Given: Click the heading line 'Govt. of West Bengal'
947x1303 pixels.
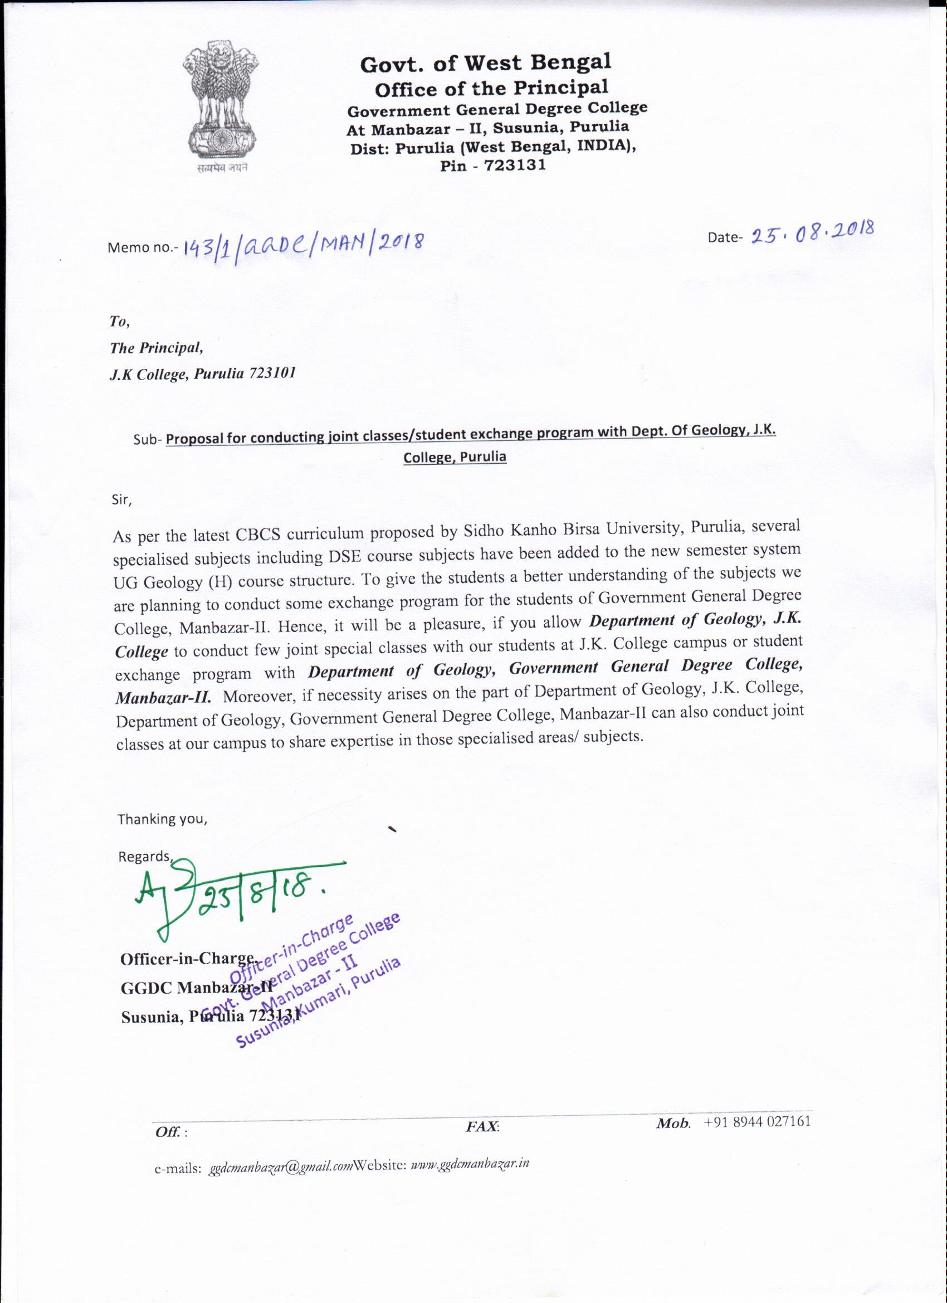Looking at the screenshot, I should [485, 64].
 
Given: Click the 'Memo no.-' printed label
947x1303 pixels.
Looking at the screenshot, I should [143, 248].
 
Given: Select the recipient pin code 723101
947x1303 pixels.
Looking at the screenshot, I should [272, 373].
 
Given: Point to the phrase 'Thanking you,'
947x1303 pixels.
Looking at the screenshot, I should [163, 819].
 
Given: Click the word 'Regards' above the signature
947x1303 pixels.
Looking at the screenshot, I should [144, 857].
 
